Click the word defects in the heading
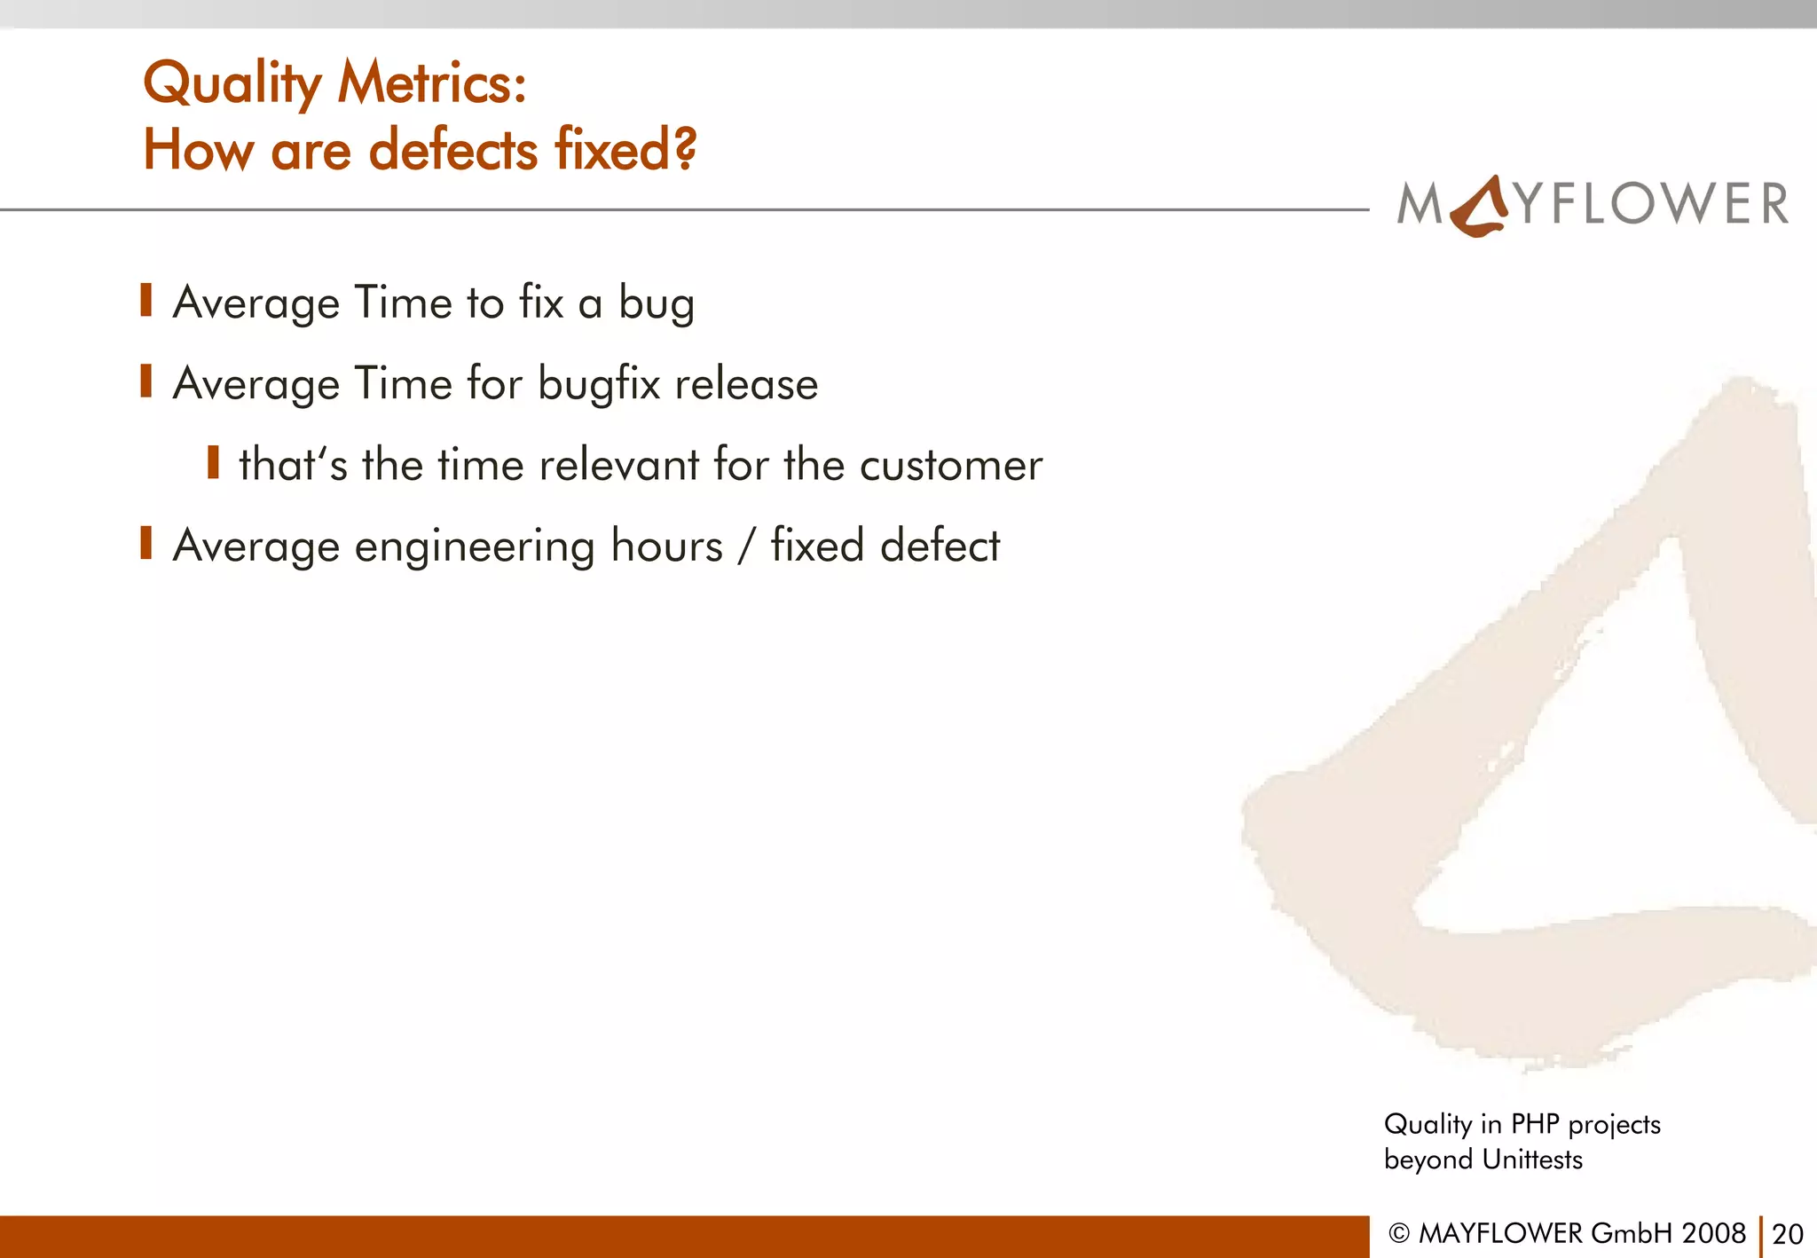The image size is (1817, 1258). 453,149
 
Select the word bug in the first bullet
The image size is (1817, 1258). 657,304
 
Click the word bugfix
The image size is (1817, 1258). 599,385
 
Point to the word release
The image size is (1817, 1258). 746,384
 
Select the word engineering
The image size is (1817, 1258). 475,546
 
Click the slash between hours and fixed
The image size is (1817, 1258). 746,546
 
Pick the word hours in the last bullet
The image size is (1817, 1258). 666,545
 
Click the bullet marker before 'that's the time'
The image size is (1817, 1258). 213,462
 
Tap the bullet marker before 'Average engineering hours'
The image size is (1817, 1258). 146,543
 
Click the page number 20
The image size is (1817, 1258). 1787,1234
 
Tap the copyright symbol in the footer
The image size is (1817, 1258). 1398,1233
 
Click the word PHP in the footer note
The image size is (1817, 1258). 1534,1124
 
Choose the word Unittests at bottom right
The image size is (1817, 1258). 1532,1160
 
